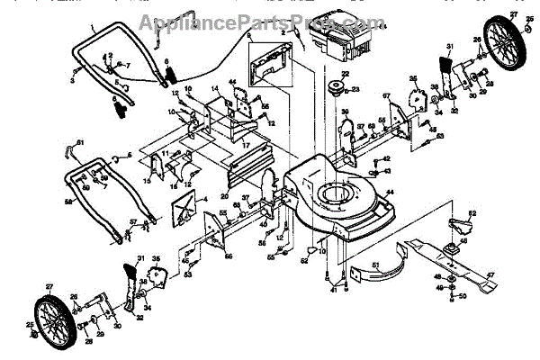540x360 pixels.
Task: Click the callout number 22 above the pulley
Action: pyautogui.click(x=344, y=74)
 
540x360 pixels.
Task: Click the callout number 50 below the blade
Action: pyautogui.click(x=463, y=295)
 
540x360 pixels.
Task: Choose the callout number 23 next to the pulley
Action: pyautogui.click(x=357, y=89)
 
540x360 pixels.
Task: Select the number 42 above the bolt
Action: pyautogui.click(x=387, y=158)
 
